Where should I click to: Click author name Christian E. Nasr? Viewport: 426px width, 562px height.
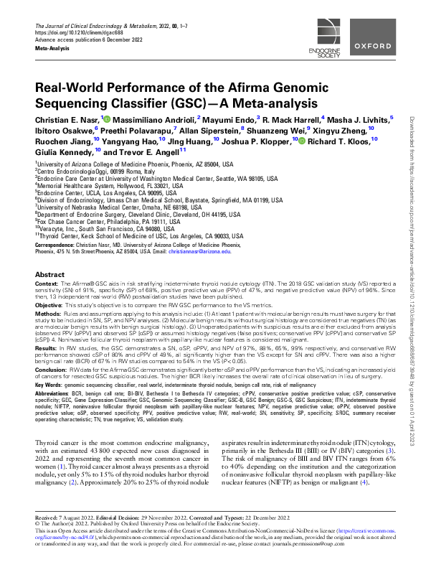[x=67, y=118]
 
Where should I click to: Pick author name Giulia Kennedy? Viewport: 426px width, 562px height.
[x=62, y=152]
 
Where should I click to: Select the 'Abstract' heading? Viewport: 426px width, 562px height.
[x=50, y=275]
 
